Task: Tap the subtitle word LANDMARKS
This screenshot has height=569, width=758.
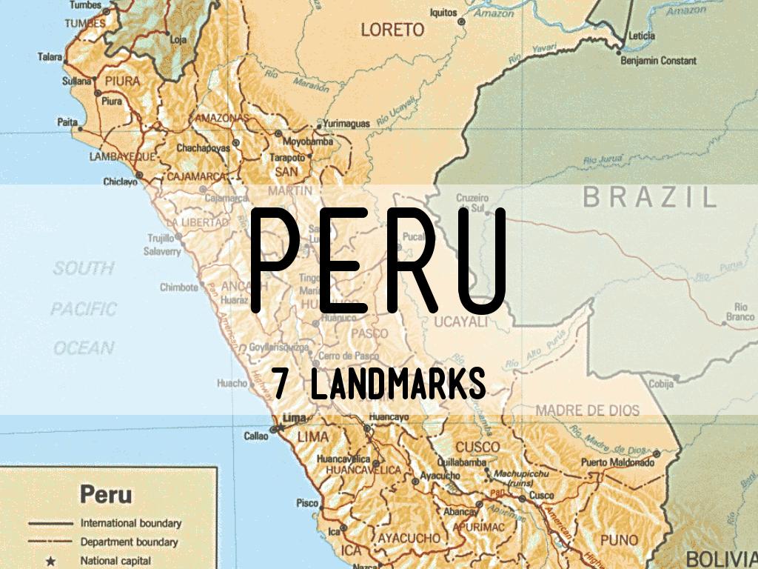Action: [x=398, y=385]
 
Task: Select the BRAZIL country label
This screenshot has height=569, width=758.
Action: [x=650, y=197]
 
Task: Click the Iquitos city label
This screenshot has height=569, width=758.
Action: [x=444, y=13]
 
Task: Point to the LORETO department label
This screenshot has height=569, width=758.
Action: [x=392, y=30]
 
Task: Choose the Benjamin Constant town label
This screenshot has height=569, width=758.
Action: [x=659, y=60]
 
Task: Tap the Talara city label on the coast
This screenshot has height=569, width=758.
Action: [x=50, y=56]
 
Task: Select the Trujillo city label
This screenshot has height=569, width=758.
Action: [x=159, y=238]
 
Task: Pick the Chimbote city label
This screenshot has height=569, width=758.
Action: [x=179, y=287]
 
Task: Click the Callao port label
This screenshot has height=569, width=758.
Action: [x=256, y=436]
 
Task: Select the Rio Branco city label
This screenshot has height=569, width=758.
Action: [x=740, y=312]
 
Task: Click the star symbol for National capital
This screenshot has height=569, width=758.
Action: [x=50, y=561]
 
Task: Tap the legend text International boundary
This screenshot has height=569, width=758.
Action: [x=131, y=523]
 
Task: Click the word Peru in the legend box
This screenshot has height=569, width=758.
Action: [x=106, y=494]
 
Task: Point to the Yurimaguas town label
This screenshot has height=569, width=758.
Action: [x=346, y=124]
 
